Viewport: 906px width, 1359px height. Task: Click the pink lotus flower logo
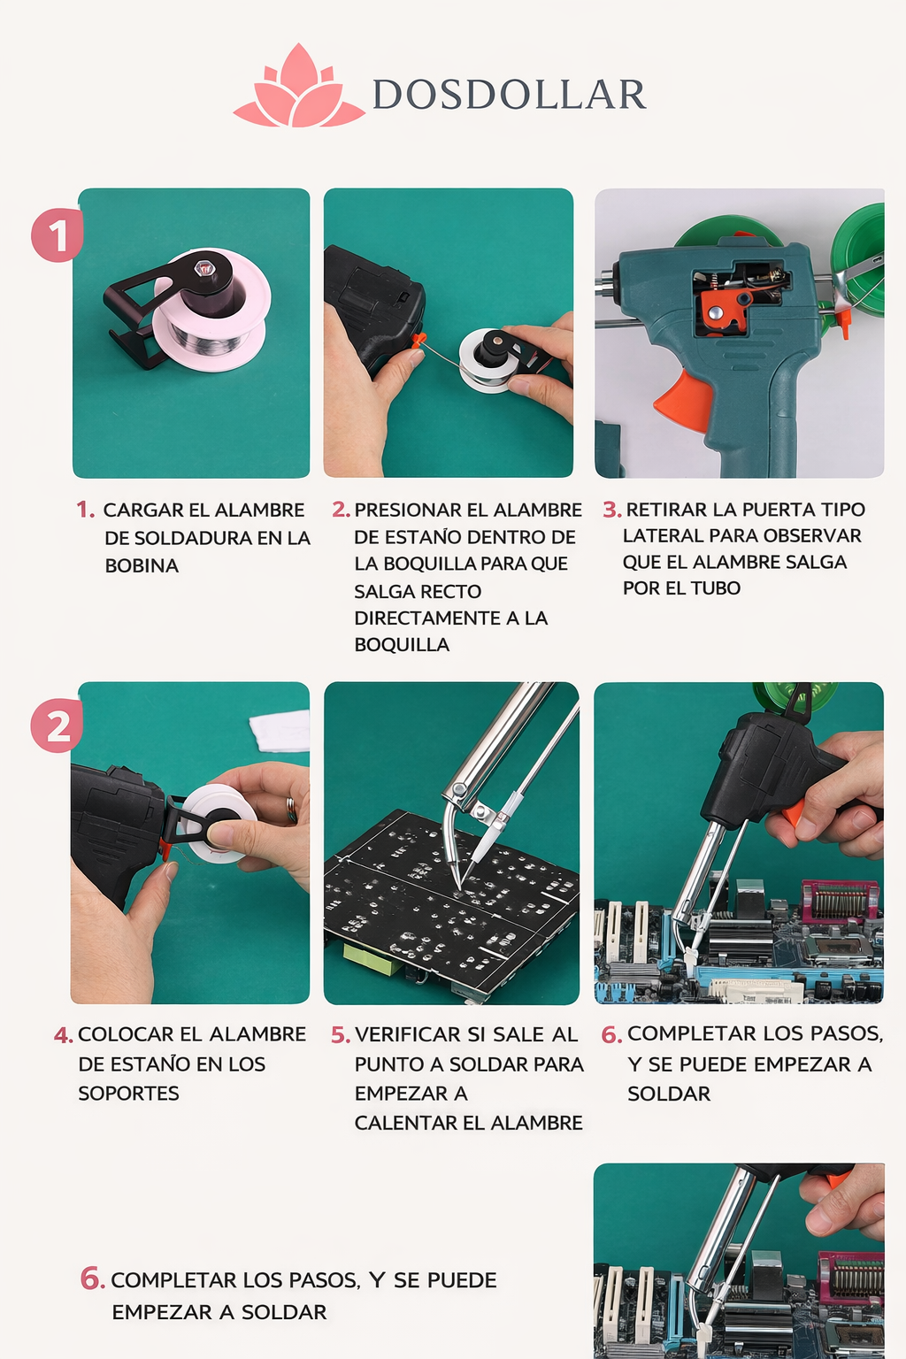pos(298,88)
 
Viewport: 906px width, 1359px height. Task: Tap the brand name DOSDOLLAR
pos(509,95)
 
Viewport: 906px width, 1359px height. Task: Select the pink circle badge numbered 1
pos(57,235)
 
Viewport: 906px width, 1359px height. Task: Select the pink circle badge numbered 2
pos(57,726)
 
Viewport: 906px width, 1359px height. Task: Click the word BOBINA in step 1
pos(142,565)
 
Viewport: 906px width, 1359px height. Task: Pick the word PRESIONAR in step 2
pos(410,510)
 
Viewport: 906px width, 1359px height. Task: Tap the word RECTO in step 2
pos(452,591)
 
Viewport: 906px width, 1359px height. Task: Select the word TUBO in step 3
pos(716,587)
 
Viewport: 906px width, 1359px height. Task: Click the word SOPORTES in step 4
pos(128,1094)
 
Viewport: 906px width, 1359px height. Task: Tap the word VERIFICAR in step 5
pos(408,1034)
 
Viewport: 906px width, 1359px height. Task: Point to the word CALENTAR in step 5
pos(399,1123)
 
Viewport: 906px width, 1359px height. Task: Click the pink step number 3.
pos(611,510)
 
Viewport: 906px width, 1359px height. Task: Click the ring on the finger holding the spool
pos(291,808)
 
